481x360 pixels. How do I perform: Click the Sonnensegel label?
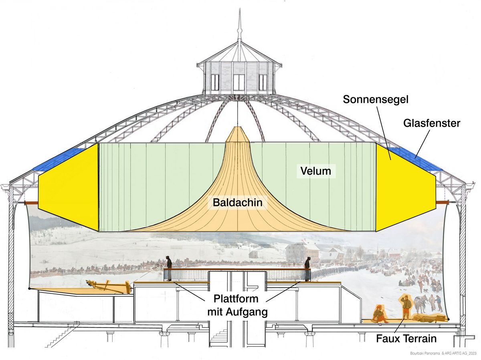click(x=376, y=99)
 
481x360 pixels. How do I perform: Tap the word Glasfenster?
click(x=432, y=123)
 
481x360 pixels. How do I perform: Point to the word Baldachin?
click(x=238, y=203)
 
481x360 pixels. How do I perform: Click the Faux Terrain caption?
click(x=406, y=339)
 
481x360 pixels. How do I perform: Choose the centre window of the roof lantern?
click(x=239, y=82)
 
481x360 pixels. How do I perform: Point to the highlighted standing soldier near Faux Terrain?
click(x=406, y=307)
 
